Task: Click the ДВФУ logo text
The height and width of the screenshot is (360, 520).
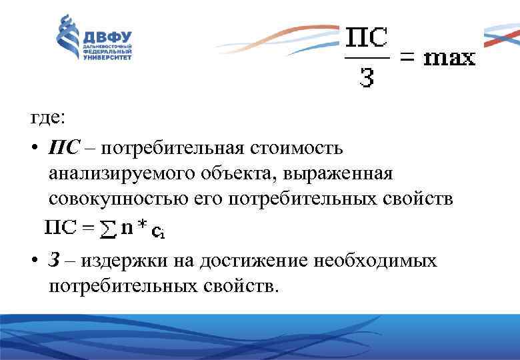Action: (x=107, y=36)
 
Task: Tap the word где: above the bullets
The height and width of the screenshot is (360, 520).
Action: (x=48, y=118)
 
